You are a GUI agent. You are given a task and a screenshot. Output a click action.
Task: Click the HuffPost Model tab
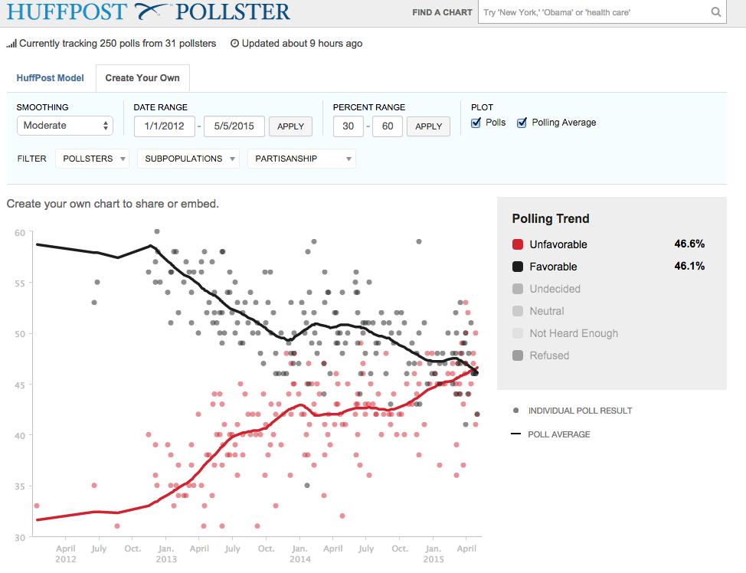tap(50, 78)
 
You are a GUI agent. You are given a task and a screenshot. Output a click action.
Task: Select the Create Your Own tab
tap(142, 78)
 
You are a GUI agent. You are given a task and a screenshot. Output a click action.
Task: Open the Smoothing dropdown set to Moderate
tap(65, 126)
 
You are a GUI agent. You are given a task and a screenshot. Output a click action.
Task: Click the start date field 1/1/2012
tap(163, 126)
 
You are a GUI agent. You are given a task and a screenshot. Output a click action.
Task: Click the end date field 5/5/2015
tap(234, 126)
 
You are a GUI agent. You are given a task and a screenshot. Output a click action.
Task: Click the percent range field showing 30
tap(348, 126)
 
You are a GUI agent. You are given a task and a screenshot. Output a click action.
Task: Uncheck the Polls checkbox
tap(476, 123)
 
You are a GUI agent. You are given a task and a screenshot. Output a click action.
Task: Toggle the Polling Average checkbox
tap(522, 123)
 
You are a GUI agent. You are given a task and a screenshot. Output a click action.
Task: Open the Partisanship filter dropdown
tap(301, 159)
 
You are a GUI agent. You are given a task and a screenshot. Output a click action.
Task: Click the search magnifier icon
tap(716, 12)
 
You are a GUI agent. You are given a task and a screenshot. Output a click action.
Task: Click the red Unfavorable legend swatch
tap(518, 244)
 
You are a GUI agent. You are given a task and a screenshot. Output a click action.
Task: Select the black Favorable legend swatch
tap(518, 267)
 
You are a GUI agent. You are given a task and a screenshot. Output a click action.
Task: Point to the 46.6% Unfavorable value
tap(689, 244)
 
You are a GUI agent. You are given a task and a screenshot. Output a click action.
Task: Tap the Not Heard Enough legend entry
tap(574, 333)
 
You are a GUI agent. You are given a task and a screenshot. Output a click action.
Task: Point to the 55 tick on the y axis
tap(20, 283)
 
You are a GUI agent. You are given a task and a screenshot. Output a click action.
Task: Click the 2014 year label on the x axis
tap(299, 559)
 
